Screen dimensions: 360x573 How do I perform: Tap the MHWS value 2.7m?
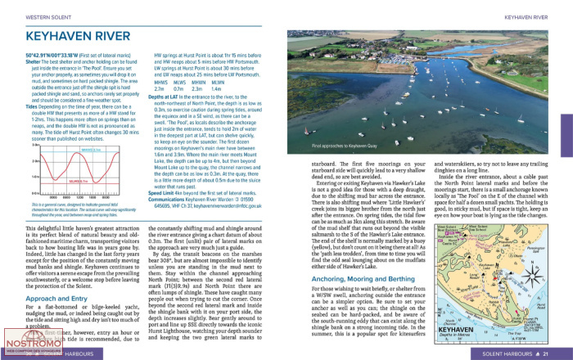[x=159, y=87]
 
